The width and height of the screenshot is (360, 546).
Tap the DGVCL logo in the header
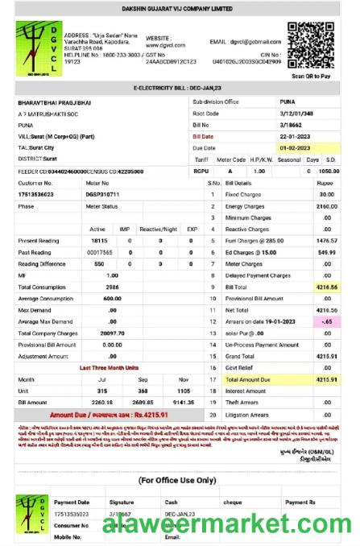[x=37, y=48]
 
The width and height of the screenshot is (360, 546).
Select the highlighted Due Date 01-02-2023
[x=295, y=148]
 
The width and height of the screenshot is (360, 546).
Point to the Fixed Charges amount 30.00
[x=325, y=194]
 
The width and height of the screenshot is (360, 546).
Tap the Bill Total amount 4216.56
[x=325, y=287]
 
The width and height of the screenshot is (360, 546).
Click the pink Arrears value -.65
[x=327, y=321]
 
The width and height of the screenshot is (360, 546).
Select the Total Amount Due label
[x=250, y=378]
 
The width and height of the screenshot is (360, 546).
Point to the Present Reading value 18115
[x=99, y=241]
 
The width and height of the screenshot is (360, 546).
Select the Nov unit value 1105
[x=183, y=390]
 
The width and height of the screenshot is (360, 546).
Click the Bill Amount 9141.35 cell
[x=183, y=401]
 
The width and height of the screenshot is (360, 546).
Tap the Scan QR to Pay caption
[x=311, y=76]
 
